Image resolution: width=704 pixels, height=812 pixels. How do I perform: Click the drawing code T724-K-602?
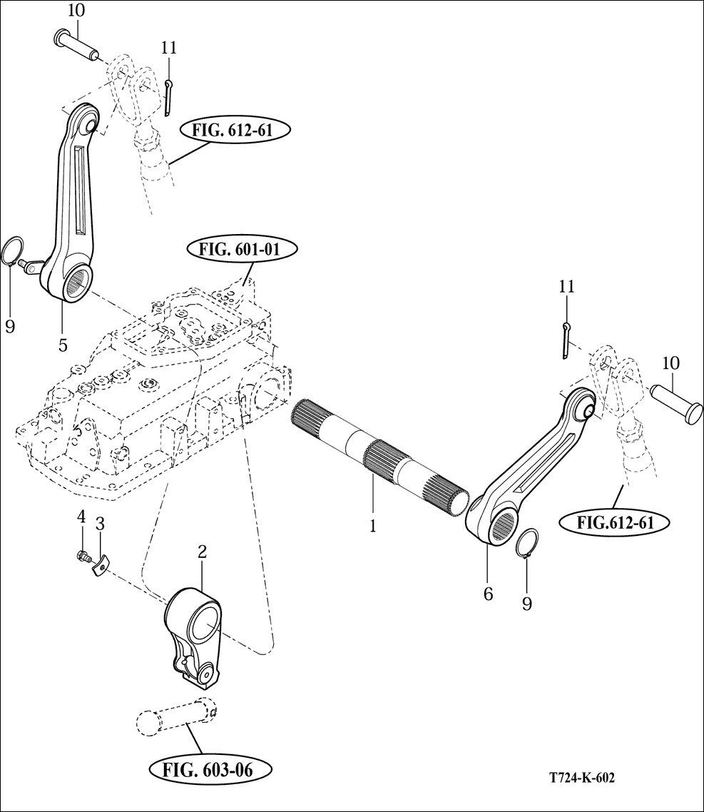pyautogui.click(x=582, y=778)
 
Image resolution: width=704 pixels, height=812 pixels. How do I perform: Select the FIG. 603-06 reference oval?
pyautogui.click(x=209, y=770)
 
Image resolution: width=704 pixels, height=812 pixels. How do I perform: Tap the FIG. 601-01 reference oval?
pyautogui.click(x=241, y=250)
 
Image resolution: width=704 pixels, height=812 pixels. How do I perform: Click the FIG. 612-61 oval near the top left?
pyautogui.click(x=233, y=130)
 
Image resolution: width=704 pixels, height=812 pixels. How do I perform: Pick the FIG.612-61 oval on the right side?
pyautogui.click(x=615, y=522)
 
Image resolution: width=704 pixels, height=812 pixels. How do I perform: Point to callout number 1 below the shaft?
pyautogui.click(x=373, y=526)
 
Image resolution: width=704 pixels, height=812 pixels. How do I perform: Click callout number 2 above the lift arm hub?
pyautogui.click(x=202, y=552)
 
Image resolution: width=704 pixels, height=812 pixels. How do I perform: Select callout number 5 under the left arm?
pyautogui.click(x=63, y=345)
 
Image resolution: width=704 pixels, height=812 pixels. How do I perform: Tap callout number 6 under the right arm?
pyautogui.click(x=488, y=594)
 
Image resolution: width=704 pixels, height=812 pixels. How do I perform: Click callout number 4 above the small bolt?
pyautogui.click(x=81, y=517)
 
